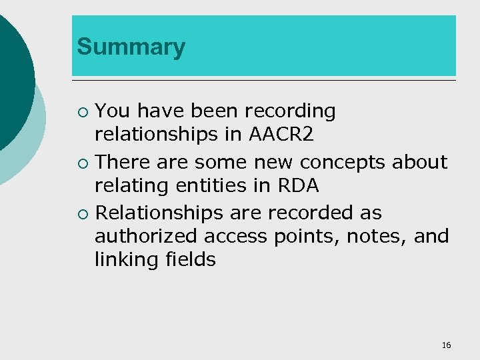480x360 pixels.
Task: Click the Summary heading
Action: (x=131, y=47)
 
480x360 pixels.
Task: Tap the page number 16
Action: (x=446, y=345)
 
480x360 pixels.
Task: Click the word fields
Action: (x=192, y=259)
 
